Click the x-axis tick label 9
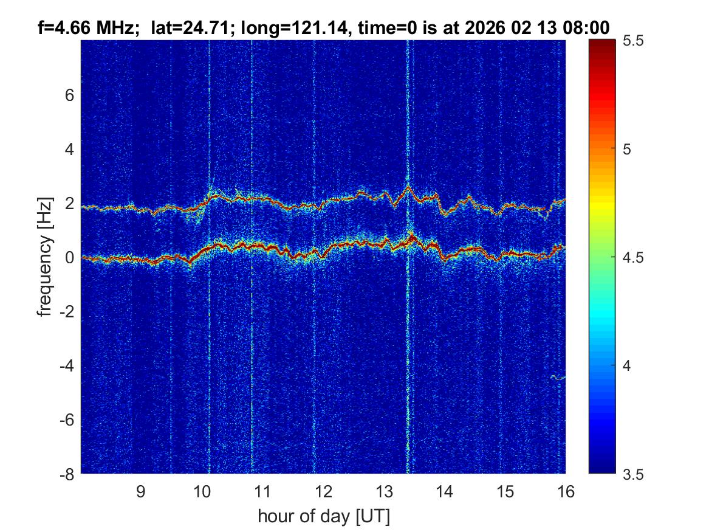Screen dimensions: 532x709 (140, 492)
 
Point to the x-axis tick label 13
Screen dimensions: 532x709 (384, 492)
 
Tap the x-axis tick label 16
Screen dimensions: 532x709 (566, 492)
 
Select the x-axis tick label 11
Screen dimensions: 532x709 (262, 492)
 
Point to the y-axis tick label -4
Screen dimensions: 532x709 (67, 365)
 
